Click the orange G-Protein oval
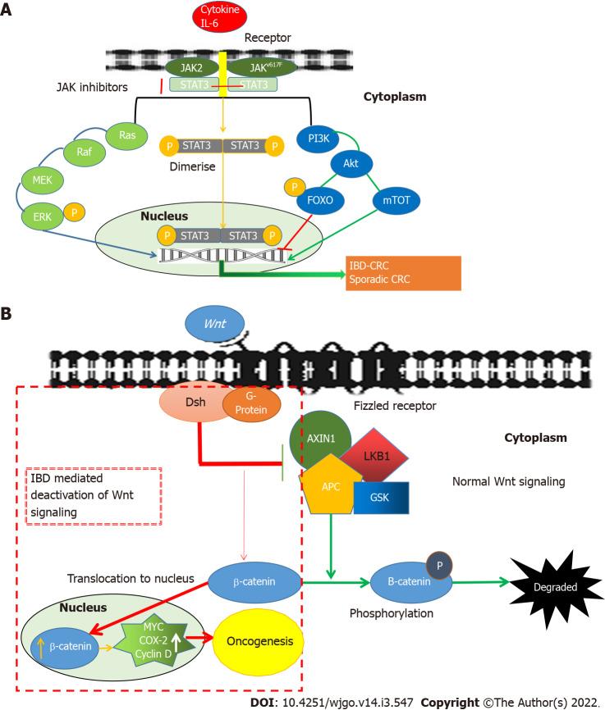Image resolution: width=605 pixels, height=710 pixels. (251, 403)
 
